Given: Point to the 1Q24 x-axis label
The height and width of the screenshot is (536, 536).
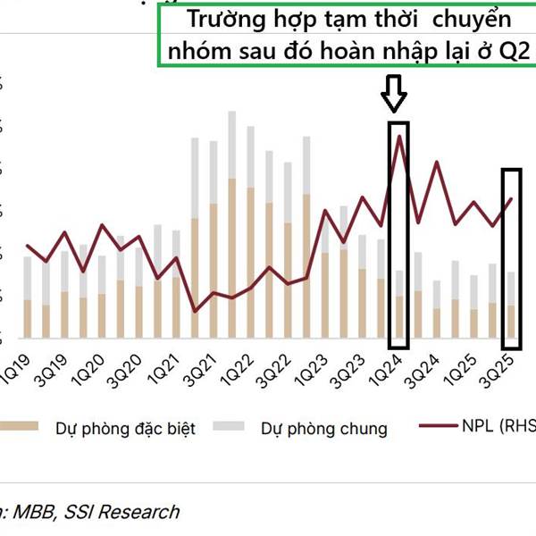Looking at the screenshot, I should (389, 369).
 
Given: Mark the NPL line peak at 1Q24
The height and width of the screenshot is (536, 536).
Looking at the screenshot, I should (399, 135).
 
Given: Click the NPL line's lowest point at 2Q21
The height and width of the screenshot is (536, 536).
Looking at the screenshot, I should (195, 311).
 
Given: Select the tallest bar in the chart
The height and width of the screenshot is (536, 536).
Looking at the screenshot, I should (232, 223).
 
